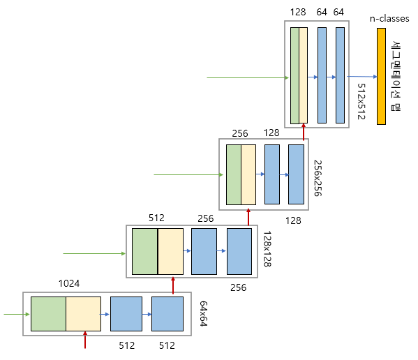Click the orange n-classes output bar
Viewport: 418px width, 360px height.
coord(381,76)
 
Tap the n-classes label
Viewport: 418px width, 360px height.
coord(389,19)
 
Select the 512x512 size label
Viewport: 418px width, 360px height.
coord(361,102)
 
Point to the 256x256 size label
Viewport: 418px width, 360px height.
coord(317,178)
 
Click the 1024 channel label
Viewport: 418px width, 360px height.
coord(69,284)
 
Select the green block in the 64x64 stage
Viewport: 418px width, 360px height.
coord(48,314)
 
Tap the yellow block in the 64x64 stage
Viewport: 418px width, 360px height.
coord(83,314)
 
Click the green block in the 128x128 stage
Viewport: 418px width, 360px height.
coord(144,251)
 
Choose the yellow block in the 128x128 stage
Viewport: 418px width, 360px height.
coord(170,251)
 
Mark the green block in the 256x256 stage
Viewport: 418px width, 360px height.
coord(233,174)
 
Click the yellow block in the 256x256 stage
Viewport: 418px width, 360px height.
coord(248,174)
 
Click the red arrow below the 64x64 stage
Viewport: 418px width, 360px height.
coord(85,340)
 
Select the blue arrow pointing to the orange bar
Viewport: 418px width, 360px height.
coord(361,77)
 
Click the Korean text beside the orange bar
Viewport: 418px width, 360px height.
coord(396,77)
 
